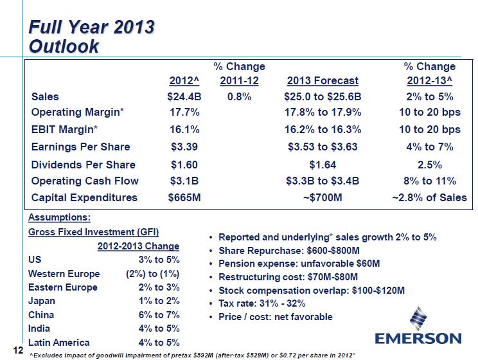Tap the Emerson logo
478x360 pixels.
tap(418, 328)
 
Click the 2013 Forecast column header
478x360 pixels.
tap(323, 81)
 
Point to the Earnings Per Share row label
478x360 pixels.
tap(80, 147)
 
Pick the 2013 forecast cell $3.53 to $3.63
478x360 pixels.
tap(323, 147)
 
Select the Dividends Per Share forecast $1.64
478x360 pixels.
tap(323, 164)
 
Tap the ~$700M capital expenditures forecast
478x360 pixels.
tap(323, 197)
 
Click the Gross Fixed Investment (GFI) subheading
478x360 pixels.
tap(94, 232)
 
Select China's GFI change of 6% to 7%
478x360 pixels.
tap(159, 315)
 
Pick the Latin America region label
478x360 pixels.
tap(59, 343)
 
